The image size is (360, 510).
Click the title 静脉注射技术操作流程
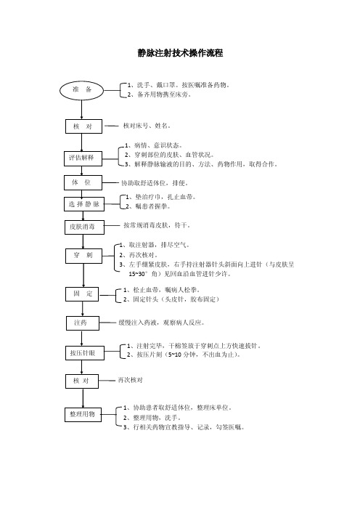click(180, 53)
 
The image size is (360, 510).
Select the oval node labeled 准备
click(81, 90)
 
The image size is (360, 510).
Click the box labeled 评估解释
click(83, 158)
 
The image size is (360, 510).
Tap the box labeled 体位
click(83, 183)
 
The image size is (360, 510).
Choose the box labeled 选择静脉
click(83, 204)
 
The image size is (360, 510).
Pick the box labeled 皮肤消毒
click(84, 227)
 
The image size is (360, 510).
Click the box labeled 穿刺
click(83, 256)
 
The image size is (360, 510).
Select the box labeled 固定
click(82, 294)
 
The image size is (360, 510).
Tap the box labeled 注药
click(83, 323)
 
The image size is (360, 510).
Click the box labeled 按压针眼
click(84, 353)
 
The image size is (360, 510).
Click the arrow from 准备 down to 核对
click(81, 110)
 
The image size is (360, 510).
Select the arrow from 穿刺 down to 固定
click(83, 275)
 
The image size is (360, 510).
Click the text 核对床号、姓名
click(147, 126)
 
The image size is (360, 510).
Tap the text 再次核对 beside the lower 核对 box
click(130, 380)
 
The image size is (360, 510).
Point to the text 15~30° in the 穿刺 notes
click(139, 274)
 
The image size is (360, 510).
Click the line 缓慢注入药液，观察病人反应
click(161, 323)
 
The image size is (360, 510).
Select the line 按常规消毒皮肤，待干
click(157, 225)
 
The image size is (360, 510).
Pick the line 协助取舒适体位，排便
click(155, 183)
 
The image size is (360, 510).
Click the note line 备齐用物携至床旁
click(159, 94)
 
